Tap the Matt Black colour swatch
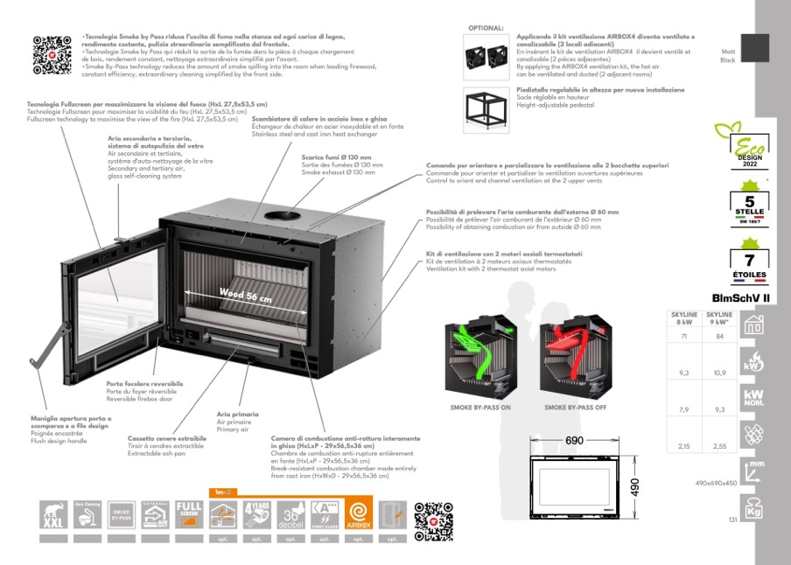[x=755, y=48]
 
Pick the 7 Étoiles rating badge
[x=748, y=263]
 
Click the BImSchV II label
[x=740, y=297]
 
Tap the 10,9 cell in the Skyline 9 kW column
[x=719, y=373]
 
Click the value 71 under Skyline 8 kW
[x=683, y=336]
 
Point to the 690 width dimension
[x=574, y=440]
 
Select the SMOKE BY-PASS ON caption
[x=479, y=408]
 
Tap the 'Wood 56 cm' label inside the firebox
[x=245, y=295]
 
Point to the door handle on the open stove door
[x=44, y=352]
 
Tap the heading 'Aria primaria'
[x=238, y=413]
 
